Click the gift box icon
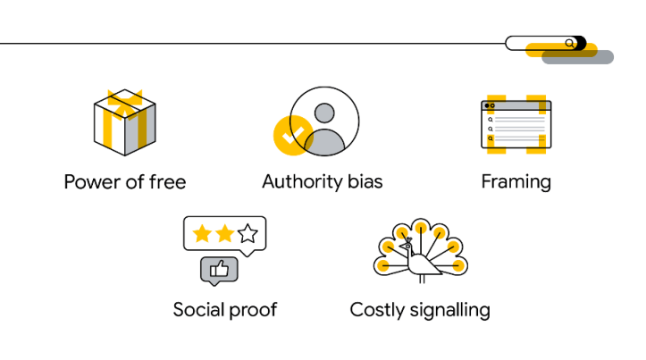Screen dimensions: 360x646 [x=125, y=125]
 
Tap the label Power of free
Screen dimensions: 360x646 [x=125, y=183]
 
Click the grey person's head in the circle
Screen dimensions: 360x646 [x=324, y=113]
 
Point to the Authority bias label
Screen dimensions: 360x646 [x=322, y=182]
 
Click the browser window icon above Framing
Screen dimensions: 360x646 [x=516, y=123]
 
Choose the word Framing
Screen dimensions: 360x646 [x=516, y=182]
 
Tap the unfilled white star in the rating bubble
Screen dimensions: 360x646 [x=247, y=234]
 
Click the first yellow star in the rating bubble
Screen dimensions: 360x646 [x=202, y=234]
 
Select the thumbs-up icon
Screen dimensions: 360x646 [x=219, y=268]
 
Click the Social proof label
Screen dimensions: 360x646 [x=225, y=310]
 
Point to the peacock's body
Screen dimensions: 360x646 [x=425, y=264]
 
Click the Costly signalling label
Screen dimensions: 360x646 [x=420, y=310]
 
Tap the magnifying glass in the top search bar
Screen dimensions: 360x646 [x=570, y=43]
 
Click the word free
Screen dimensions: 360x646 [x=167, y=183]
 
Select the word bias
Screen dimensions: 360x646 [x=365, y=182]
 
